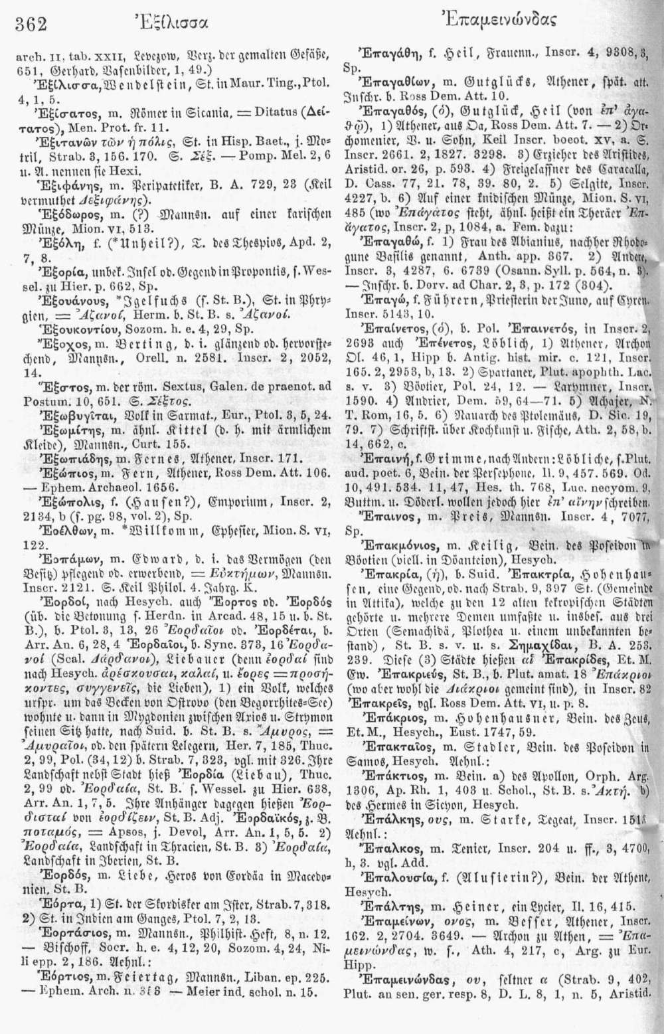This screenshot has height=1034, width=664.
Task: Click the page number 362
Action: point(31,25)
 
